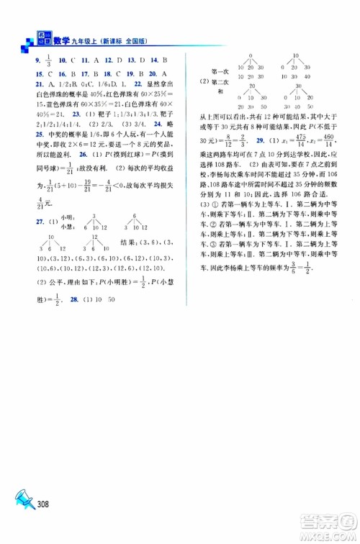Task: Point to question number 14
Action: pyautogui.click(x=155, y=60)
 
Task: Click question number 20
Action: pyautogui.click(x=153, y=73)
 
